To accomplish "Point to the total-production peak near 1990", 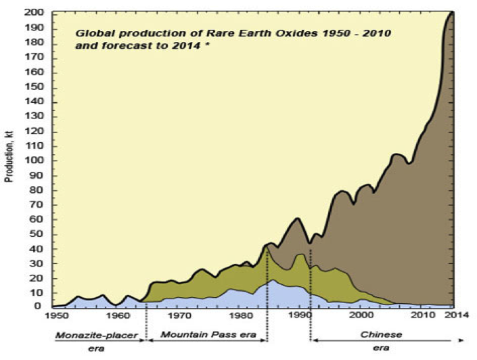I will pos(298,218).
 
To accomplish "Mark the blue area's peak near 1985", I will pos(272,279).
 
